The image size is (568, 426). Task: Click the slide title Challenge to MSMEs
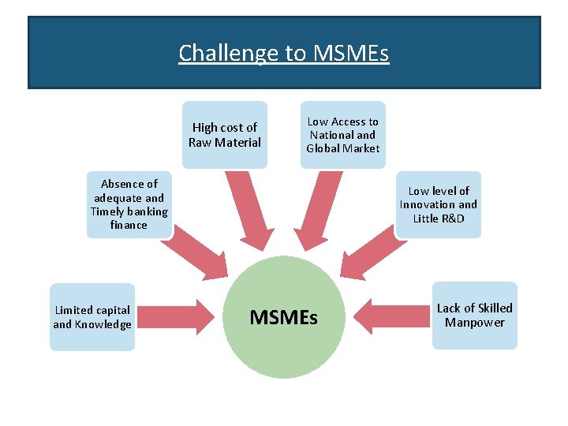click(284, 53)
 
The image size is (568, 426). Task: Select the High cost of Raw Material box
click(225, 135)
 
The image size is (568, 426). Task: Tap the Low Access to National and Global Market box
click(343, 135)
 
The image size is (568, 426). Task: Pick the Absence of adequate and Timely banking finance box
click(129, 204)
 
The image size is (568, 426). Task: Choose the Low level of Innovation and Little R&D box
click(439, 204)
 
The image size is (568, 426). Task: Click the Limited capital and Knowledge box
click(92, 317)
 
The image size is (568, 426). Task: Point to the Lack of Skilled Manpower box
click(474, 315)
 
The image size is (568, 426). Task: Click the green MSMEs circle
click(284, 316)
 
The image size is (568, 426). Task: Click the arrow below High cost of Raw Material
click(246, 209)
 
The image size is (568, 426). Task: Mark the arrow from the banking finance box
click(197, 251)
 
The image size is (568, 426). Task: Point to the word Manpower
click(474, 322)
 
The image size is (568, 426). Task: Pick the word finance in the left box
click(129, 225)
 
